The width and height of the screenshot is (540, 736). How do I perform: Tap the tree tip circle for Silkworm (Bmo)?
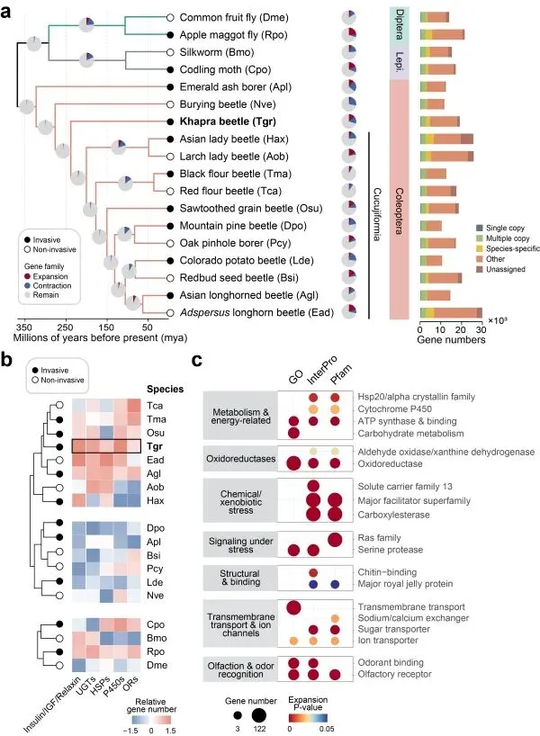point(171,51)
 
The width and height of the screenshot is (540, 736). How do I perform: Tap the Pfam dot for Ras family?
point(335,539)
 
